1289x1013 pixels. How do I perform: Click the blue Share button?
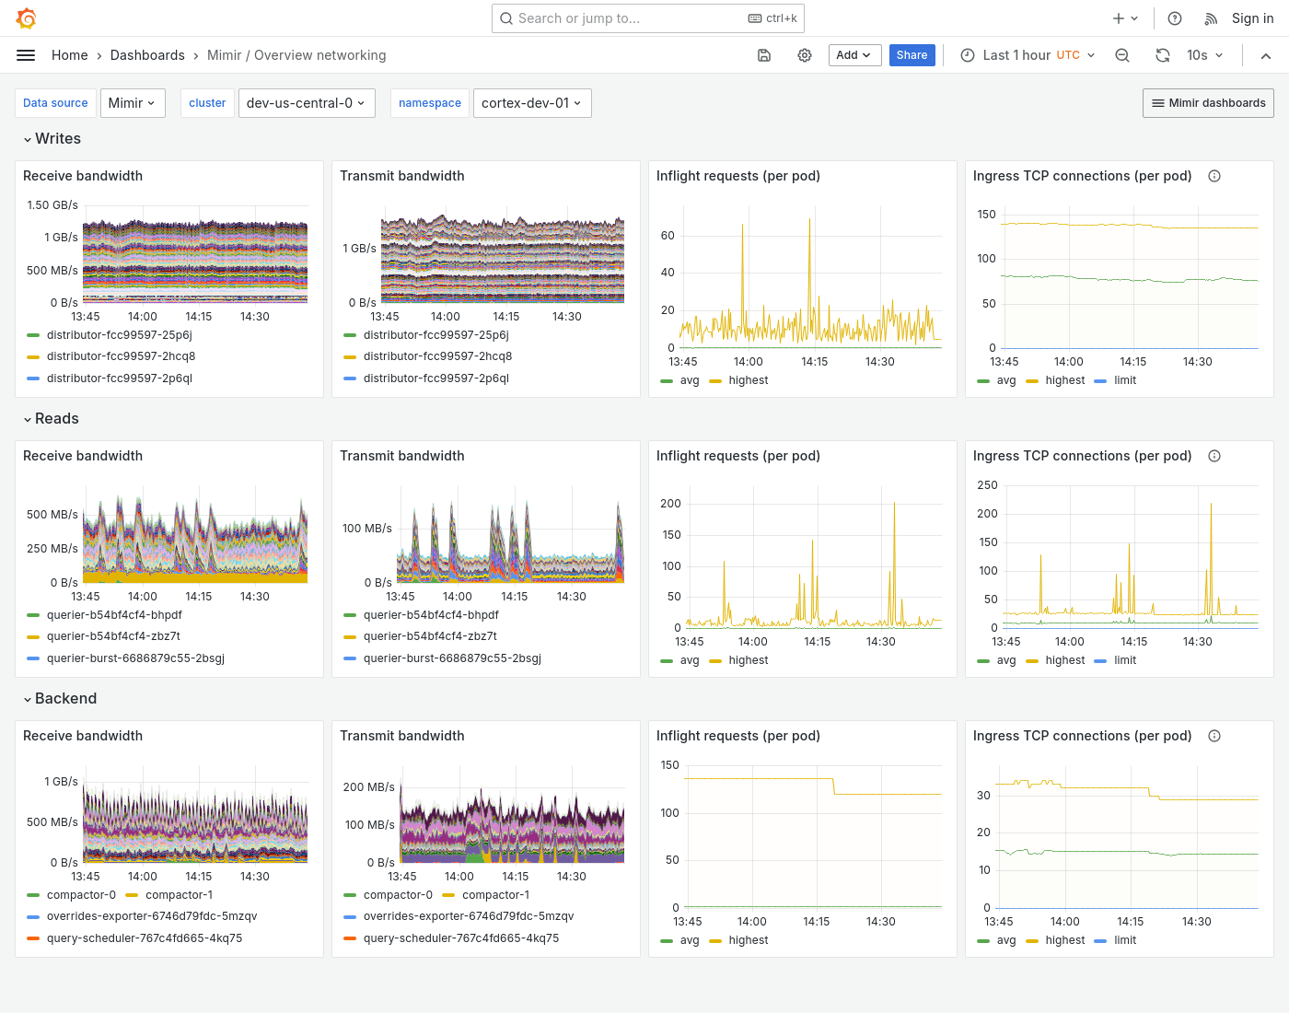[x=912, y=55]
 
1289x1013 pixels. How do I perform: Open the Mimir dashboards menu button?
[x=1208, y=103]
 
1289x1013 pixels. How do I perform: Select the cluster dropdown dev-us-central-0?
[x=305, y=103]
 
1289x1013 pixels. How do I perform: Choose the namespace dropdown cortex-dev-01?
[x=531, y=103]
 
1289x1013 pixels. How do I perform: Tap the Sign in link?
[x=1252, y=18]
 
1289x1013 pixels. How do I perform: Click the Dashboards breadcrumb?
[x=147, y=55]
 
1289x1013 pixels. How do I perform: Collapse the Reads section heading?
[x=56, y=418]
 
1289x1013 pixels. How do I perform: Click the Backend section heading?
[x=65, y=698]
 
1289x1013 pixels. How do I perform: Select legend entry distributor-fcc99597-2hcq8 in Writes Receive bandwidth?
[x=121, y=356]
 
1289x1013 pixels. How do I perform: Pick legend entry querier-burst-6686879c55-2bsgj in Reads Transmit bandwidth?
[x=452, y=658]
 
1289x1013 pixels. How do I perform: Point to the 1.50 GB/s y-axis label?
[x=52, y=205]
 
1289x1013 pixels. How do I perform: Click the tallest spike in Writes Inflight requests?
[x=810, y=221]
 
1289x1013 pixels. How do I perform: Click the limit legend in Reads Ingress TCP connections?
[x=1124, y=660]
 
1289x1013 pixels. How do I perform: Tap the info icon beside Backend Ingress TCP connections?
[x=1214, y=736]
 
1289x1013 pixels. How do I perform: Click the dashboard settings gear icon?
[x=805, y=55]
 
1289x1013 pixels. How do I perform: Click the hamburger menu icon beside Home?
[x=26, y=55]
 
